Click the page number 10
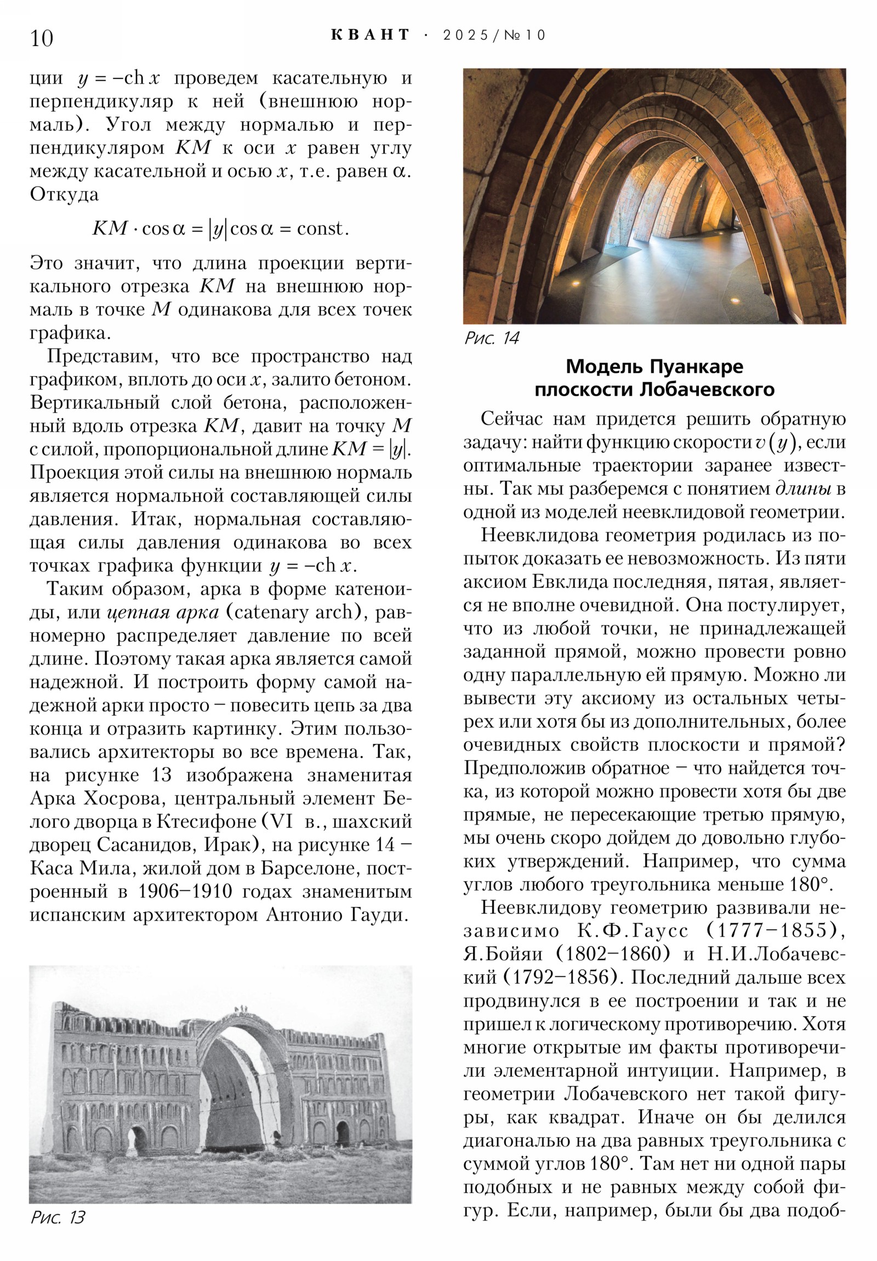coord(42,38)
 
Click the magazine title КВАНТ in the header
coord(371,35)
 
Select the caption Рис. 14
coord(492,338)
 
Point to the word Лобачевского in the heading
coord(707,389)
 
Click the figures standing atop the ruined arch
coord(240,1009)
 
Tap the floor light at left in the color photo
coord(576,282)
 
